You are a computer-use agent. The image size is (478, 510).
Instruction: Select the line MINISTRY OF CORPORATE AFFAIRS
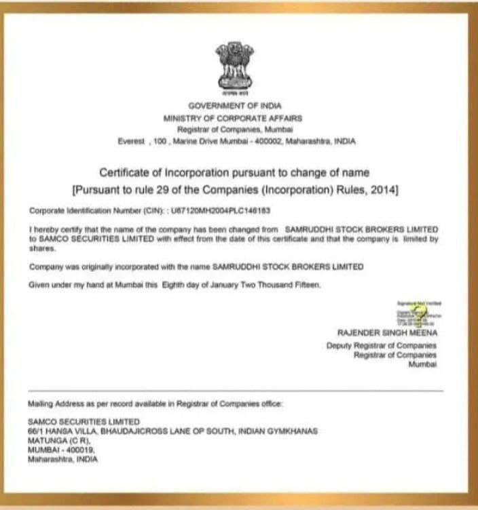tap(234, 117)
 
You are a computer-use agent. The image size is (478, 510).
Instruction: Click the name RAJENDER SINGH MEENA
tap(387, 332)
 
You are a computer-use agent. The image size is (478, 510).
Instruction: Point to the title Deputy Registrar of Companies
tap(382, 345)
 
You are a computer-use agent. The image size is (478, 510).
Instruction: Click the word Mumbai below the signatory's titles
tap(424, 364)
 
